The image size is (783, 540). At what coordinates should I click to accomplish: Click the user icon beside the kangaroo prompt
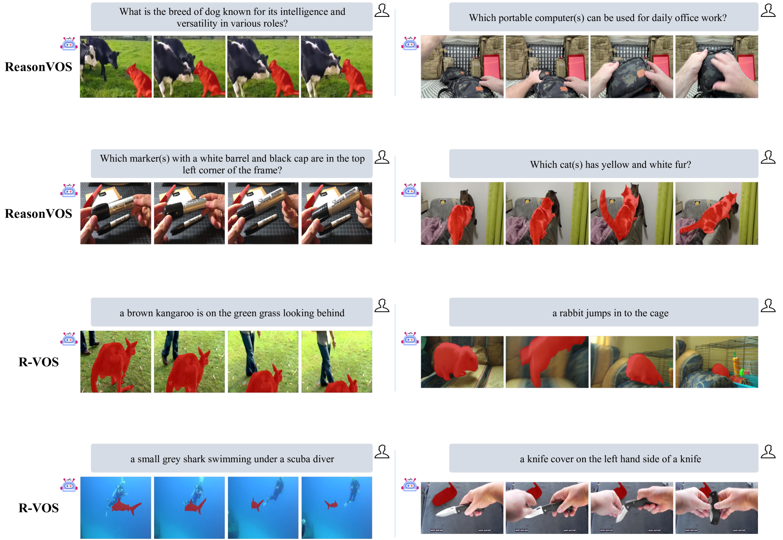pyautogui.click(x=382, y=305)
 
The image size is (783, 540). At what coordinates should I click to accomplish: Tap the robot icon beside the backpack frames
pyautogui.click(x=410, y=43)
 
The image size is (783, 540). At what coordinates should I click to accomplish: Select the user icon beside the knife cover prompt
pyautogui.click(x=768, y=452)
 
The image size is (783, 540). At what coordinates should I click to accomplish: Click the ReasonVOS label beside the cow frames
pyautogui.click(x=38, y=67)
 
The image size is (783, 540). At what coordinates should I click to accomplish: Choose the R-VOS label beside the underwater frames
pyautogui.click(x=39, y=508)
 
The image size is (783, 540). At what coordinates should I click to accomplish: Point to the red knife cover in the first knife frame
pyautogui.click(x=443, y=494)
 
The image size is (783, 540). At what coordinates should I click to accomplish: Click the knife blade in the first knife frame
pyautogui.click(x=448, y=511)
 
